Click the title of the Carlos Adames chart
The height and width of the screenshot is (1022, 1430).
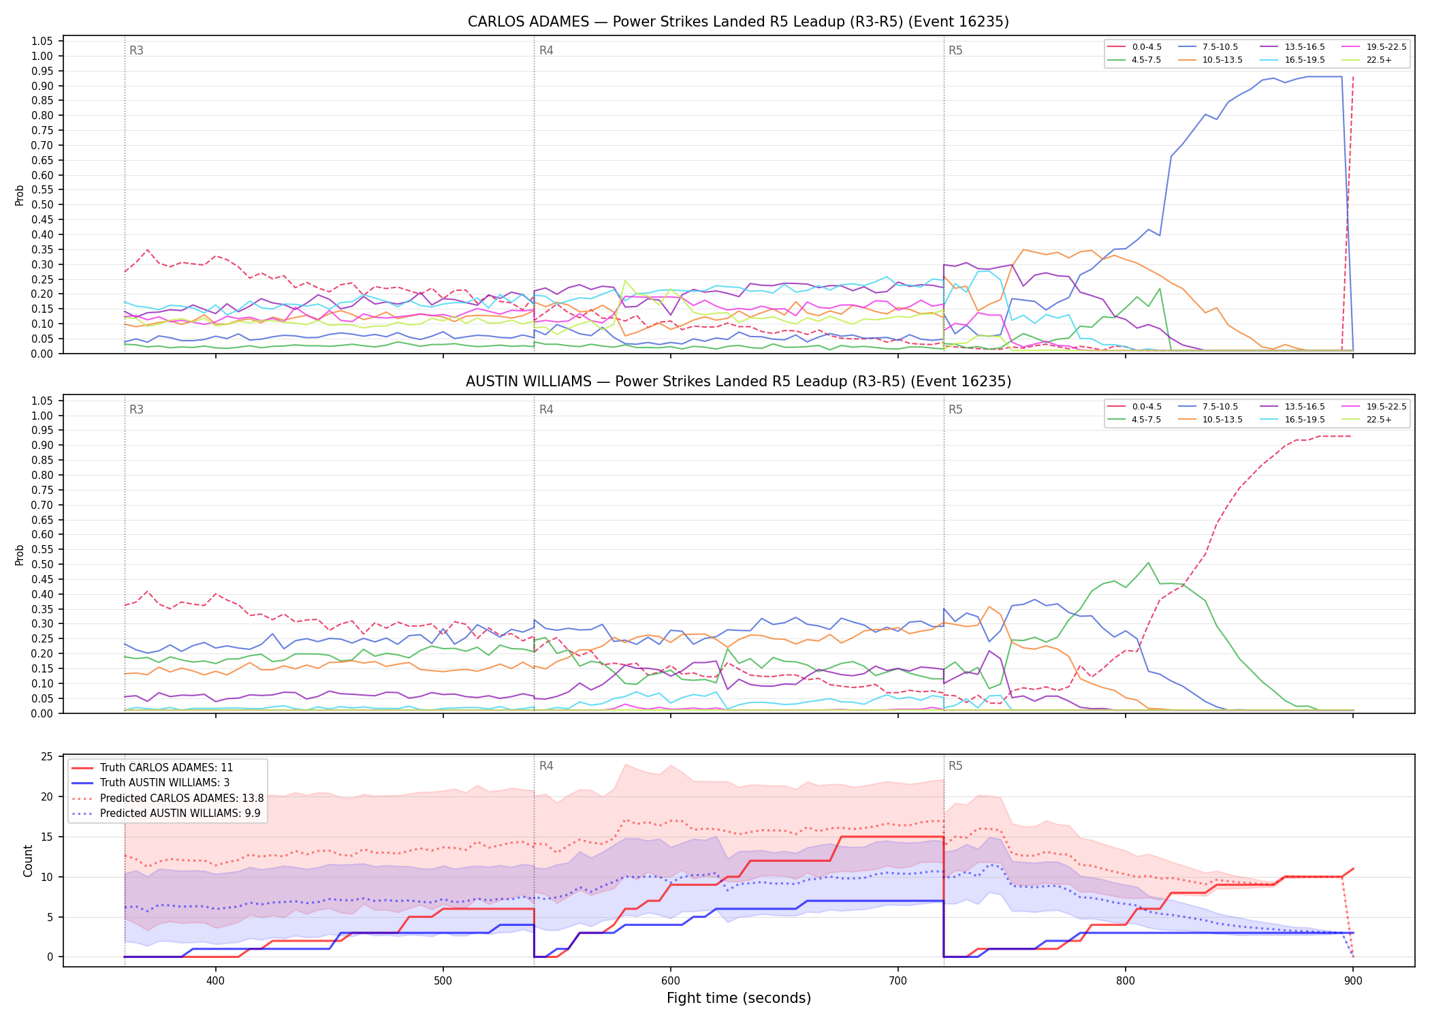(x=738, y=22)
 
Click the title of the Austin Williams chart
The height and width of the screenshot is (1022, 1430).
(x=738, y=382)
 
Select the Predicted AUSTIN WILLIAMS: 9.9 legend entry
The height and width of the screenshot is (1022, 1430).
(x=166, y=814)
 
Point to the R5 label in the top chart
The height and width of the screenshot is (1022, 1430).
(x=955, y=50)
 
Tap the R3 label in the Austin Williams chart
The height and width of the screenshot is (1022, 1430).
(x=136, y=409)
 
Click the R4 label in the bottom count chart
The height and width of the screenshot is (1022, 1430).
(x=546, y=766)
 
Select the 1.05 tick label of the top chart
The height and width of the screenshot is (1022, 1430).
(x=42, y=42)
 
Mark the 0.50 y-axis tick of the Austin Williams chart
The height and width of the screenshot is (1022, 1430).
(x=42, y=564)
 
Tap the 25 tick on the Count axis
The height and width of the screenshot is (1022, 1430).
(x=47, y=756)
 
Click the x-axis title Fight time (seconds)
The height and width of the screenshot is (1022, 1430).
(x=739, y=999)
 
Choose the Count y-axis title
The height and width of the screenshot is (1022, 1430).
(x=28, y=861)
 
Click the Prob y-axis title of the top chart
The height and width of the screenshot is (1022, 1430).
(x=20, y=195)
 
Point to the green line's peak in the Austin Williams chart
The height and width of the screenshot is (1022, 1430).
(x=1148, y=563)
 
